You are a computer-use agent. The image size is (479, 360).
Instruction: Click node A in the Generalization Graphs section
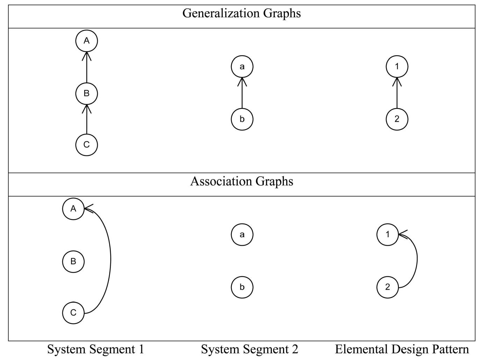pyautogui.click(x=86, y=41)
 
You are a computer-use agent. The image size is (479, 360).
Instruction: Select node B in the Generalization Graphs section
pyautogui.click(x=86, y=93)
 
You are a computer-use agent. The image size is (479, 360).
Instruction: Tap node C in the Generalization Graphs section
pyautogui.click(x=86, y=145)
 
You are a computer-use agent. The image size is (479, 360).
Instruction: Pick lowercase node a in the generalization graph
pyautogui.click(x=242, y=66)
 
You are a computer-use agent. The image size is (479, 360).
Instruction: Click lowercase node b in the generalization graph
pyautogui.click(x=242, y=119)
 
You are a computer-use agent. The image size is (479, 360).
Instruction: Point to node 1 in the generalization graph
pyautogui.click(x=397, y=66)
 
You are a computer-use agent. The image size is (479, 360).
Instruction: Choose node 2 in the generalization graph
pyautogui.click(x=397, y=119)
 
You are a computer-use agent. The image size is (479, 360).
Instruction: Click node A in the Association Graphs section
pyautogui.click(x=73, y=209)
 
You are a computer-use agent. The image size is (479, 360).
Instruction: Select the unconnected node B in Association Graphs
pyautogui.click(x=73, y=261)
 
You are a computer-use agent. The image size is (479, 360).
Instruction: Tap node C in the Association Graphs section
pyautogui.click(x=73, y=313)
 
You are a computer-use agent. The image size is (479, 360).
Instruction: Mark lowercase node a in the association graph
pyautogui.click(x=242, y=234)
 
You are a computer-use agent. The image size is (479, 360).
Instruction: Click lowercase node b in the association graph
pyautogui.click(x=242, y=287)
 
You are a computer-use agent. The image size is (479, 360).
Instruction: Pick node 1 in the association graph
pyautogui.click(x=387, y=234)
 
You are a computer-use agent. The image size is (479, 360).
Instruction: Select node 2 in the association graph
pyautogui.click(x=387, y=287)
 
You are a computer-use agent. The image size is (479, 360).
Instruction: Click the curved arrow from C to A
pyautogui.click(x=111, y=259)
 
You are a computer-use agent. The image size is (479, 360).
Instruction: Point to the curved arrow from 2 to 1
pyautogui.click(x=417, y=261)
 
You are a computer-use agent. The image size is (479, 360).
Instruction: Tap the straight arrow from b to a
pyautogui.click(x=242, y=94)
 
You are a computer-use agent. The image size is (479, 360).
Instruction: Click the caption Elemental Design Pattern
pyautogui.click(x=402, y=349)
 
